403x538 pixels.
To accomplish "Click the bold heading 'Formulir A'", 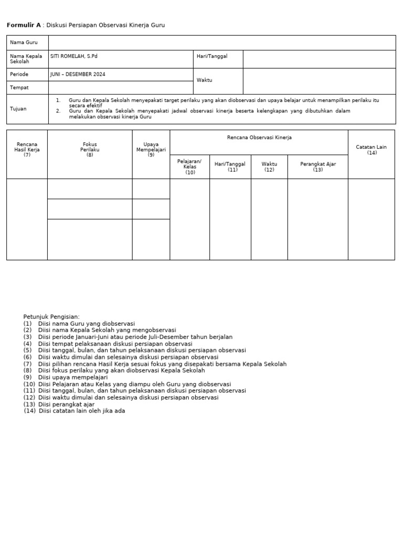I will pos(23,25).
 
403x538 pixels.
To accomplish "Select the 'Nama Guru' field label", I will pos(20,43).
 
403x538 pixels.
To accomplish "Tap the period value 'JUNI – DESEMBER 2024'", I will pos(78,75).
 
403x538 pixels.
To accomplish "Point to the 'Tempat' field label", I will pos(19,88).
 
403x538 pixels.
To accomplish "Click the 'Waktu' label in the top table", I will pos(204,80).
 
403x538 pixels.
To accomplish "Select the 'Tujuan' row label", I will pos(18,109).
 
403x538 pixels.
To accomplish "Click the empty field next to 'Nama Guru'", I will pos(221,43).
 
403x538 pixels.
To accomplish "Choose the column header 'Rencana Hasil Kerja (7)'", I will pos(27,149).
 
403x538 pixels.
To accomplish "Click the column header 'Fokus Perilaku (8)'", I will pos(90,149).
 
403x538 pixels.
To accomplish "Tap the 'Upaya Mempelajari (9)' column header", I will pos(151,149).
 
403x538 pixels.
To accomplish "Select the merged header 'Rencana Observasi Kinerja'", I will pos(259,138).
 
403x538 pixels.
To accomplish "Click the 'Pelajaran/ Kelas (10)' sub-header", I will pos(189,167).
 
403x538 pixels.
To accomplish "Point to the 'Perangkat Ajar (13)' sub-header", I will pos(318,167).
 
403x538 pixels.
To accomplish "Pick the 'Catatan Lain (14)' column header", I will pos(372,150).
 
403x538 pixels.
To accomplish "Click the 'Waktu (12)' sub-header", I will pos(269,167).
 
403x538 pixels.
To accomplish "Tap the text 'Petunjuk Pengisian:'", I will pos(51,317).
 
